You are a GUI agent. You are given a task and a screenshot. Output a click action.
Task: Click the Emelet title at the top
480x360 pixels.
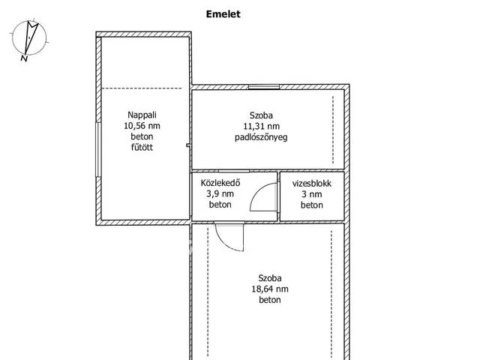point(223,14)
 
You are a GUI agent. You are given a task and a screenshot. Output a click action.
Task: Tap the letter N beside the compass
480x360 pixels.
point(24,58)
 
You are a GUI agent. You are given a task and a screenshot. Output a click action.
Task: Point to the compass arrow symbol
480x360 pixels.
point(31,37)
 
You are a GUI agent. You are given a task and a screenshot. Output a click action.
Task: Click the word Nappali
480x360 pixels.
point(142,115)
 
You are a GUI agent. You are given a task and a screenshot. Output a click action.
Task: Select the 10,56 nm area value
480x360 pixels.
point(142,126)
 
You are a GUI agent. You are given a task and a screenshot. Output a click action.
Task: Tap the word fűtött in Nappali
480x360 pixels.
point(142,147)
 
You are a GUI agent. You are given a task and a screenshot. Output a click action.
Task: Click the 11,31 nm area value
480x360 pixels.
point(262,126)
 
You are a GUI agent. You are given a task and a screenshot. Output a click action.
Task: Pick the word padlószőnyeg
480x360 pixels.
point(261,137)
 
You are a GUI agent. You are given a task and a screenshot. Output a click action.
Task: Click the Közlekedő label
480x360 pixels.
point(220,183)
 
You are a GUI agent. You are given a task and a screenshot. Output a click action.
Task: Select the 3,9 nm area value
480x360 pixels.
point(220,193)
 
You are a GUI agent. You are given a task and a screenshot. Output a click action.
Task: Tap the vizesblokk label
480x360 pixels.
point(312,183)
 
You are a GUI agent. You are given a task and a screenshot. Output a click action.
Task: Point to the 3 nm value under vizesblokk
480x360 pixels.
point(312,194)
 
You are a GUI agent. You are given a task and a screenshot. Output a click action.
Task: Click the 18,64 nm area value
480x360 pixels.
point(270,289)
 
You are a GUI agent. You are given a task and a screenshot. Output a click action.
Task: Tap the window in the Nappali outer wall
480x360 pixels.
point(98,150)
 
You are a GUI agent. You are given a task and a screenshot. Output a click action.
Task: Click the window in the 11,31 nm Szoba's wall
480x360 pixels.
point(264,87)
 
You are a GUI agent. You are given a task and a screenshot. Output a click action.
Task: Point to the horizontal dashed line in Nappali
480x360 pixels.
point(142,88)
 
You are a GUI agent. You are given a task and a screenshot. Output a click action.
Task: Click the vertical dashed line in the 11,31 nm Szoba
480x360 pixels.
point(333,130)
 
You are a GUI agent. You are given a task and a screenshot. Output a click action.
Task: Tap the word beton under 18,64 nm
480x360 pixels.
point(270,300)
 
